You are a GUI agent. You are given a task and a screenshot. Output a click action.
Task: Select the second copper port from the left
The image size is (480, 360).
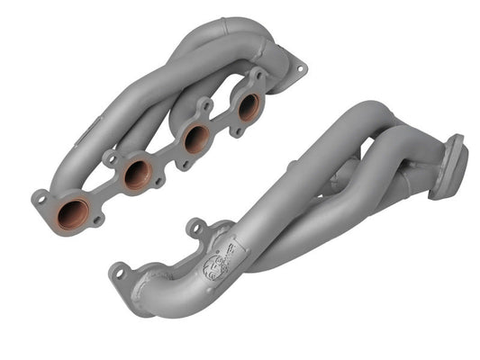point(137,173)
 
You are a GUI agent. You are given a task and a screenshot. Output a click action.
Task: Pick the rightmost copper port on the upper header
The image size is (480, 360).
point(249,106)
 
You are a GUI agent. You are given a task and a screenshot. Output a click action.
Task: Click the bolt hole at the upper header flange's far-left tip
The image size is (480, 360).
point(40,196)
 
